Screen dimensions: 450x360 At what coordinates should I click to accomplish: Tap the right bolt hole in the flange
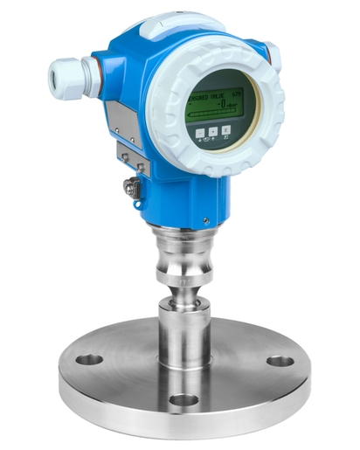[x=280, y=361]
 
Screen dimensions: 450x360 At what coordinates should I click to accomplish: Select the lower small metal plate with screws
[x=131, y=156]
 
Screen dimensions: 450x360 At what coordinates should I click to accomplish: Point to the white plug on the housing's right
[x=273, y=56]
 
